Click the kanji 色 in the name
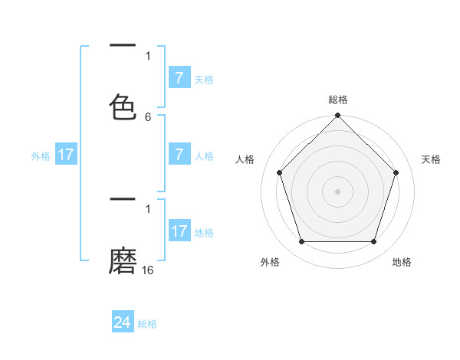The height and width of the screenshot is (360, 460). point(123,107)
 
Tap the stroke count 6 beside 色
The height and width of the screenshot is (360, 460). point(148,117)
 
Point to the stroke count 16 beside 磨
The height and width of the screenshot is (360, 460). point(148,270)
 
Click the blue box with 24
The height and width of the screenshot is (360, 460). point(123,322)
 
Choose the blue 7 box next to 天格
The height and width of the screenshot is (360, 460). point(179,78)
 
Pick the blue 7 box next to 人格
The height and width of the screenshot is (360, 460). point(179,155)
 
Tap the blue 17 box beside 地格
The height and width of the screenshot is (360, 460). point(179,231)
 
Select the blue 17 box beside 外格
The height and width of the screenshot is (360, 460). point(66,155)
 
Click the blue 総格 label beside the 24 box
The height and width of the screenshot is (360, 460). point(147,324)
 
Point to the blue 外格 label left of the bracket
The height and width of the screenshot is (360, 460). point(41,156)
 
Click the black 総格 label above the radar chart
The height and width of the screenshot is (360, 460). point(337,100)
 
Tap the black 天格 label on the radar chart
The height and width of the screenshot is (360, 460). point(431,159)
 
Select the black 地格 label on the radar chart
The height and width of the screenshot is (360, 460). point(402,262)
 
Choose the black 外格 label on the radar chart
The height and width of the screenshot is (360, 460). point(270,262)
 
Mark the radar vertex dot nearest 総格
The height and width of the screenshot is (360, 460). point(337,116)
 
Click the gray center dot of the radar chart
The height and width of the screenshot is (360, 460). point(337,191)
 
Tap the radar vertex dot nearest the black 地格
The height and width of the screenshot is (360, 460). point(373,242)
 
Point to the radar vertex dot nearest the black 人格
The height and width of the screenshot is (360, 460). point(279,172)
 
